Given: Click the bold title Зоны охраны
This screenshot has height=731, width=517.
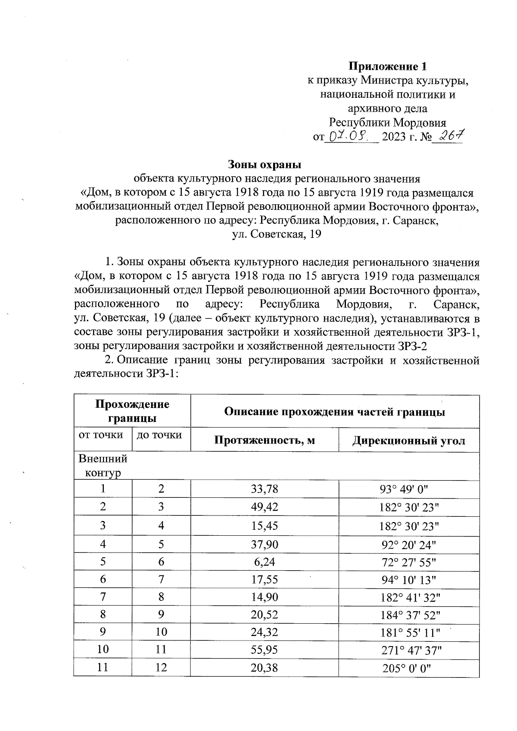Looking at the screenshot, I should point(264,164).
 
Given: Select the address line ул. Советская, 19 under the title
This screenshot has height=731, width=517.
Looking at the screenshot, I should point(277,234).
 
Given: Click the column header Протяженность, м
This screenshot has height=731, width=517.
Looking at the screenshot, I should point(265,440).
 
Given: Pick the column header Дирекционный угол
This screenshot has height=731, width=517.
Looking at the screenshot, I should point(408,440).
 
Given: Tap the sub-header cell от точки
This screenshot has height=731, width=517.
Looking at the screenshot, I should point(100,435).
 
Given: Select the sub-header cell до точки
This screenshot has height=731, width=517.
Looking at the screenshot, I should point(159,435).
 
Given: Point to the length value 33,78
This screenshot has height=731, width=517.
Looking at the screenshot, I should point(265,489).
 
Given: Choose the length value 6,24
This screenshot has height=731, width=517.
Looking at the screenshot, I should point(265,562).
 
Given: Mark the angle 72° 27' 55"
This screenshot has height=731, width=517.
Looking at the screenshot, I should point(408,562).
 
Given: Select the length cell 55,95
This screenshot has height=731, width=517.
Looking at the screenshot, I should point(265,650).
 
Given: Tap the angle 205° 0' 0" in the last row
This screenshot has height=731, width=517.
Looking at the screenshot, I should point(407,669).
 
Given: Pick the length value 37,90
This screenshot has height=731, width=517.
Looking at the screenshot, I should point(265,544).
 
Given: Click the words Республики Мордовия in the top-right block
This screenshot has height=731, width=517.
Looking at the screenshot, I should point(387,122).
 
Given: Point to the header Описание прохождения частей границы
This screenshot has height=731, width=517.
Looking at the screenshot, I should point(335,412).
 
